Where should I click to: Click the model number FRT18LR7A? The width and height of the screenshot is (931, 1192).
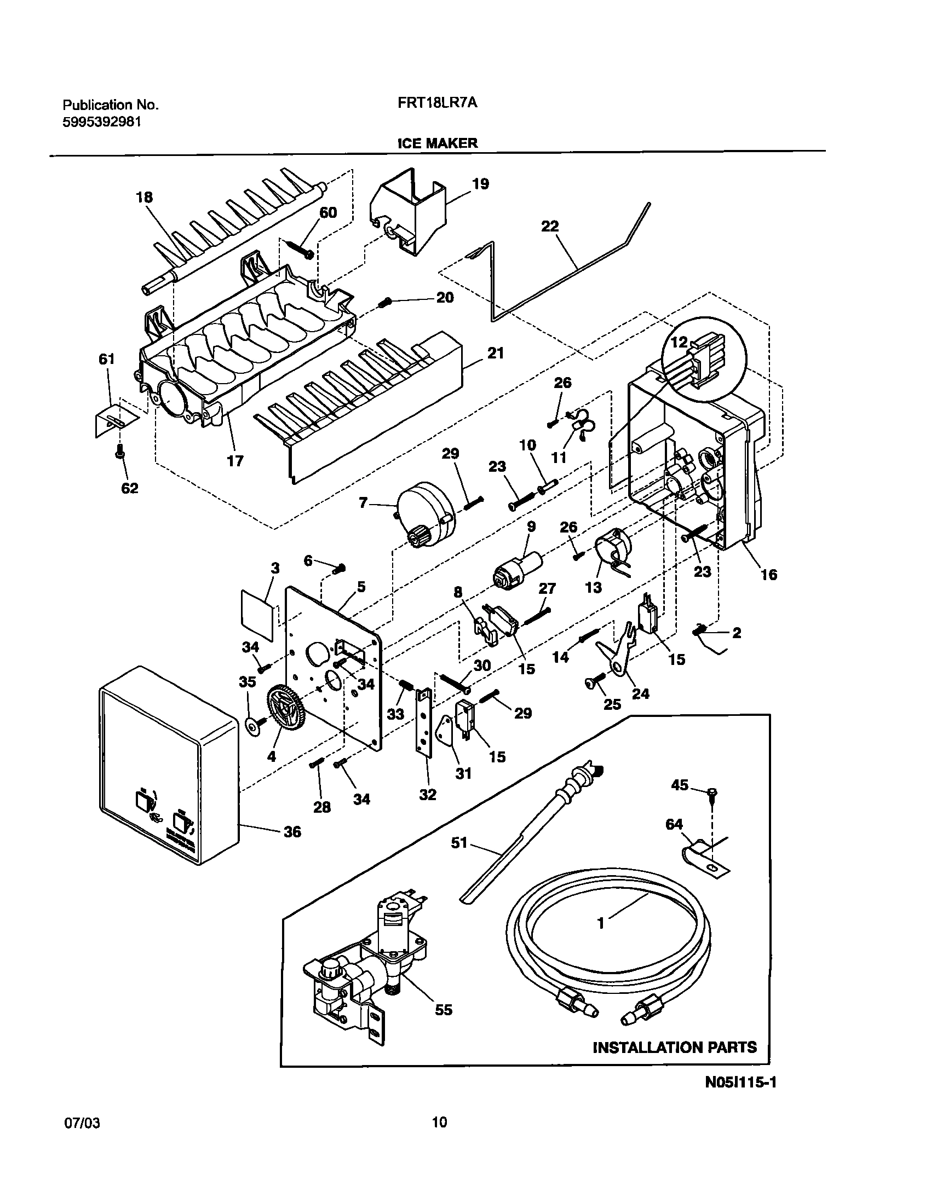coord(438,103)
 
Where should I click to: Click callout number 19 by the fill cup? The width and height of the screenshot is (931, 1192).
coord(480,184)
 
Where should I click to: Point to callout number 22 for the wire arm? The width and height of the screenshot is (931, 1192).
coord(550,226)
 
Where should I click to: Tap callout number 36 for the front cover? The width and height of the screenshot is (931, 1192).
coord(292,832)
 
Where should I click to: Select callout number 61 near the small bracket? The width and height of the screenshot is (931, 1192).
coord(106,359)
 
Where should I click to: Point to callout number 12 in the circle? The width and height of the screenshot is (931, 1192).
coord(679,343)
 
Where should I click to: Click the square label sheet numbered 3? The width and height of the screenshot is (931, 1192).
coord(256,615)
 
